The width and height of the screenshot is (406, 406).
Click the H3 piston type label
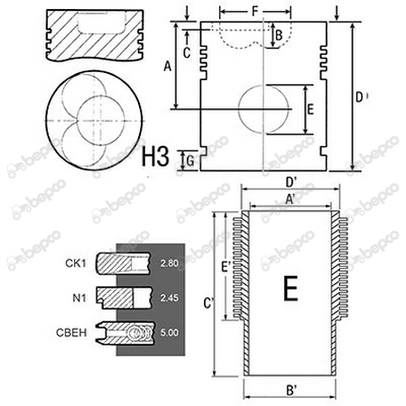pos(155,157)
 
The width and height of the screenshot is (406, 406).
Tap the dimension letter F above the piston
pos(255,12)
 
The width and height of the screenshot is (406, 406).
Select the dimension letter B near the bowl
pos(279,35)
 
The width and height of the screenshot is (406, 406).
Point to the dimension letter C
pos(187,52)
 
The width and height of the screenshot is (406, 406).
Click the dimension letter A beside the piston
pos(168,66)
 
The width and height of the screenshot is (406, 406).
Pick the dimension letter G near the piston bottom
pos(190,161)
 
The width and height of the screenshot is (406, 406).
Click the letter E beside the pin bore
pos(310,109)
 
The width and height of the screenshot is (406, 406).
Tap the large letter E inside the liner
pos(291,288)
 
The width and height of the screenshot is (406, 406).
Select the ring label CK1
pos(76,263)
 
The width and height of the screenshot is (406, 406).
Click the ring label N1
pos(79,298)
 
